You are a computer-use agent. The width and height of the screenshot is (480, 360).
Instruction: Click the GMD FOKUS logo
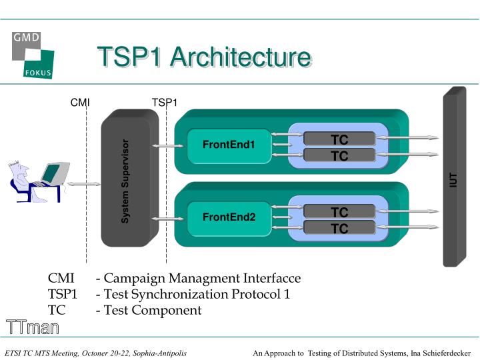click(x=33, y=54)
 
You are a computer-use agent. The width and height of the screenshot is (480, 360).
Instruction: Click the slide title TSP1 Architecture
click(x=203, y=57)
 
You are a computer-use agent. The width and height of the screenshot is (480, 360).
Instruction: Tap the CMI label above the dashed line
click(x=80, y=102)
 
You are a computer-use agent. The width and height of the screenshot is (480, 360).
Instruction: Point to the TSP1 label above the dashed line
click(x=164, y=102)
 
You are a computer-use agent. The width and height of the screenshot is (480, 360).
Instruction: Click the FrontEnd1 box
click(x=229, y=145)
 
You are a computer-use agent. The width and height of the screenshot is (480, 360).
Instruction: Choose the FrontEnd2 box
click(x=229, y=217)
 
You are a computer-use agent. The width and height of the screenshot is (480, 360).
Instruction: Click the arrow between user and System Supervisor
click(x=83, y=183)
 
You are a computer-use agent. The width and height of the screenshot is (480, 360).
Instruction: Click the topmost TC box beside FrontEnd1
click(x=339, y=139)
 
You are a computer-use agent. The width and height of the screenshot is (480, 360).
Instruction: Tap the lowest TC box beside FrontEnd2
click(x=339, y=228)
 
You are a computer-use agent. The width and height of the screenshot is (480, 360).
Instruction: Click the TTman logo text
click(x=33, y=327)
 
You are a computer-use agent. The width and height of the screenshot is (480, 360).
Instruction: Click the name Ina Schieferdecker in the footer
click(x=436, y=352)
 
